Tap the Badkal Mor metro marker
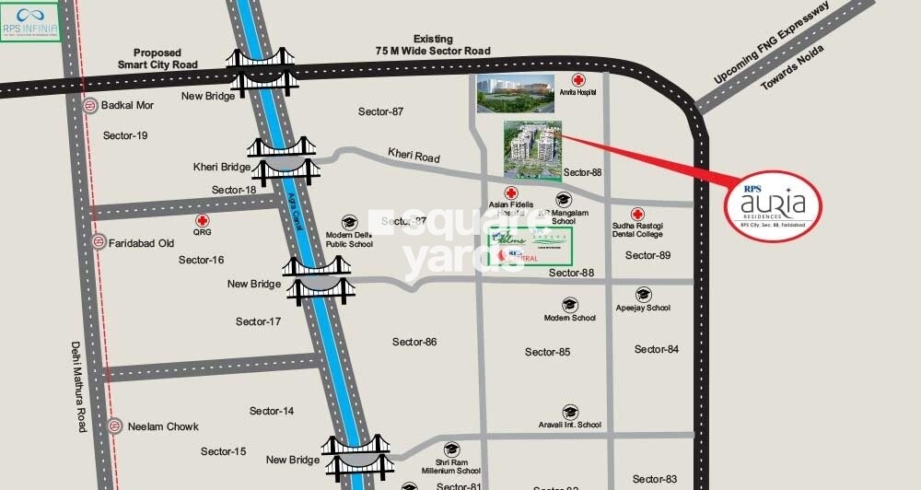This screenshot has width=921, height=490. click(90, 105)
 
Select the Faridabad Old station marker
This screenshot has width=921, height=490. click(99, 242)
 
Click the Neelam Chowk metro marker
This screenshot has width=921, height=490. click(114, 426)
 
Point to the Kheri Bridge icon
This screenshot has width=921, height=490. click(285, 162)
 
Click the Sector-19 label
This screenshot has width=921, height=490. click(125, 135)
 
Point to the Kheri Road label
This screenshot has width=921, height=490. click(414, 156)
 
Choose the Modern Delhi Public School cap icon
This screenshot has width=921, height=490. click(349, 222)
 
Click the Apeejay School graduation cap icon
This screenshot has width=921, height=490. click(643, 295)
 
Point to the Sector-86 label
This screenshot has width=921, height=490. click(414, 342)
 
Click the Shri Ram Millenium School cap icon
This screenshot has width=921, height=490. click(451, 449)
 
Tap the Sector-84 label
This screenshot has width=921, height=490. click(657, 349)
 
